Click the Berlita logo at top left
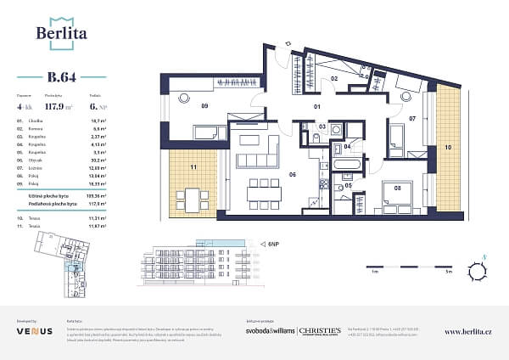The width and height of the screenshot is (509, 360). click(x=61, y=32)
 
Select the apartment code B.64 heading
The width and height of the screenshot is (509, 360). click(x=62, y=77)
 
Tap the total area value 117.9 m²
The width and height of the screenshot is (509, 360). click(x=56, y=106)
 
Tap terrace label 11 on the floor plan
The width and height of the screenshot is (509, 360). click(x=193, y=168)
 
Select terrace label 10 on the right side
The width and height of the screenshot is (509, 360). click(x=449, y=147)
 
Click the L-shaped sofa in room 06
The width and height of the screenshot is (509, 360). click(x=258, y=153)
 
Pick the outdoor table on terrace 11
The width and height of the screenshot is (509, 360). click(x=194, y=200)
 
